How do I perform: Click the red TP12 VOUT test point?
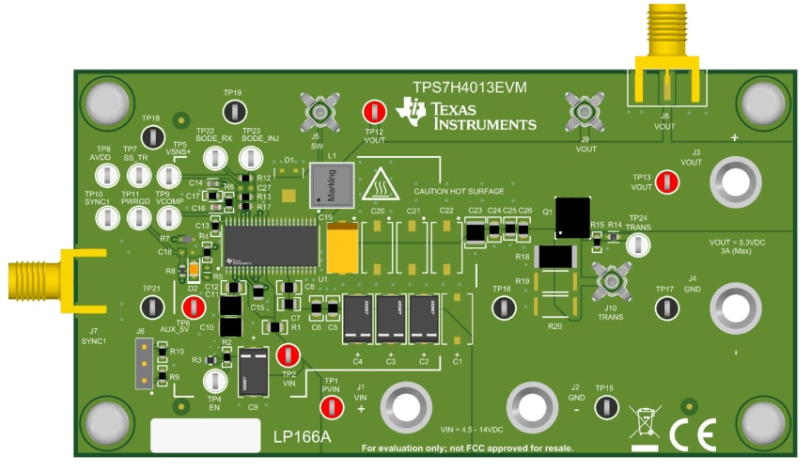[374, 112]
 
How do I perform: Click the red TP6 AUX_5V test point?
[195, 307]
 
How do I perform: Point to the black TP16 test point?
[505, 307]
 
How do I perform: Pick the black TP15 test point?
[606, 407]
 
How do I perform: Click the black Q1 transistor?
[572, 217]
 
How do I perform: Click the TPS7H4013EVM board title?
[470, 87]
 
